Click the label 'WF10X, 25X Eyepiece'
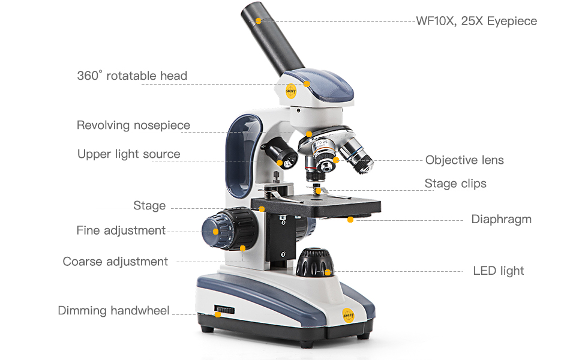click(x=476, y=22)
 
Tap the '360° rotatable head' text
click(x=132, y=76)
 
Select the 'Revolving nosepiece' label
click(x=133, y=125)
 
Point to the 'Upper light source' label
click(x=128, y=154)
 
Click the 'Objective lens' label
click(x=464, y=160)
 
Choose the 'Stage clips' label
click(x=455, y=184)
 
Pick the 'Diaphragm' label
click(x=501, y=220)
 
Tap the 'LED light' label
click(x=498, y=271)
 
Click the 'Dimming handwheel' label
click(x=113, y=311)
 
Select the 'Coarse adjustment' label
click(x=115, y=262)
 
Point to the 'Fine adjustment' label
click(x=121, y=230)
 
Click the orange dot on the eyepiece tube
click(x=258, y=21)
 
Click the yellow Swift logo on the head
click(x=291, y=92)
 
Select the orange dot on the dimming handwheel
click(x=218, y=314)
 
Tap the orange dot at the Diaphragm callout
click(x=350, y=220)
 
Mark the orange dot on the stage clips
click(x=318, y=191)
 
